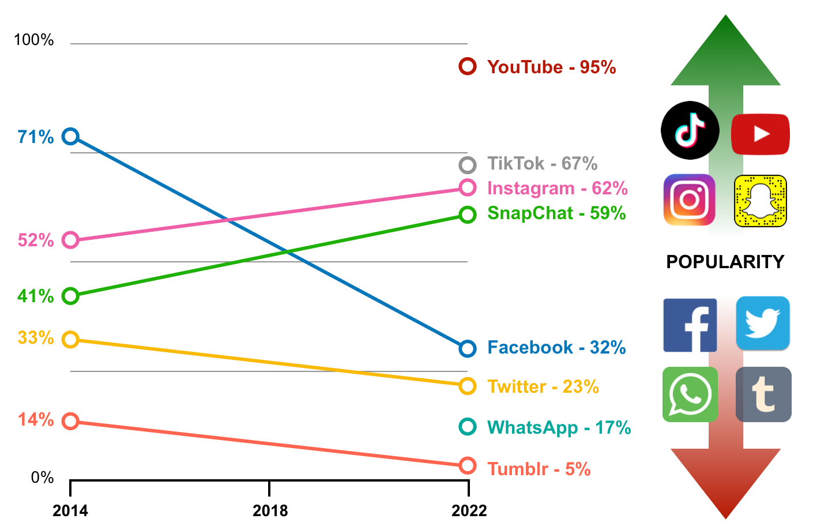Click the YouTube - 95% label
click(x=551, y=67)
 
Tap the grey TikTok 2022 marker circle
click(x=468, y=165)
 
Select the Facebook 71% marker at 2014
click(x=70, y=137)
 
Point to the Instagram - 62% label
click(x=557, y=188)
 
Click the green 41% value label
click(x=36, y=296)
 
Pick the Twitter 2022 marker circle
click(x=468, y=386)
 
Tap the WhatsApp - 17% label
click(x=559, y=427)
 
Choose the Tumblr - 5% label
click(x=539, y=469)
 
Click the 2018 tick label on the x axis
click(x=270, y=510)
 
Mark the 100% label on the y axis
click(x=33, y=40)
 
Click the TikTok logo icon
click(x=690, y=130)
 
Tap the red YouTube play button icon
click(x=761, y=134)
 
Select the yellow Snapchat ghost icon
click(x=761, y=201)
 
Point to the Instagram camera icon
click(x=690, y=200)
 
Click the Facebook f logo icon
click(x=690, y=325)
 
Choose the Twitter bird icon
click(x=763, y=323)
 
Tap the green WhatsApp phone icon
click(x=690, y=394)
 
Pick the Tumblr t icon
click(x=763, y=394)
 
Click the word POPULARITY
click(x=725, y=262)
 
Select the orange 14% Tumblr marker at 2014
click(x=70, y=421)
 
